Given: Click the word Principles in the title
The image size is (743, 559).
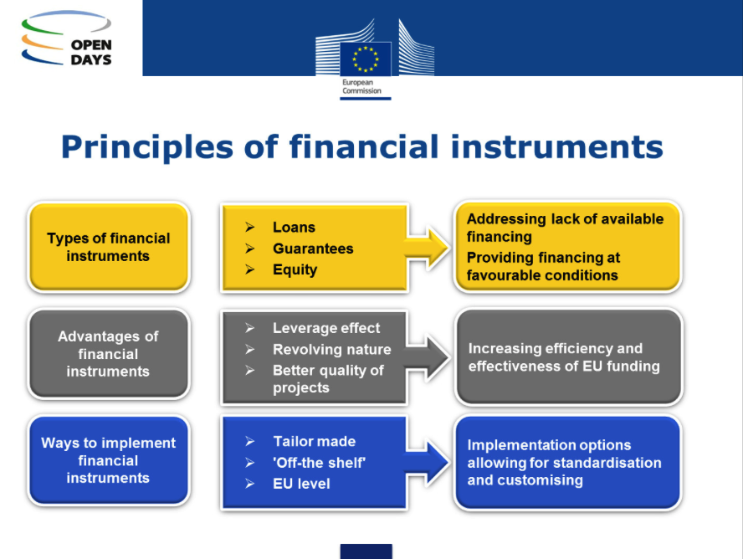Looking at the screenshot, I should (164, 147).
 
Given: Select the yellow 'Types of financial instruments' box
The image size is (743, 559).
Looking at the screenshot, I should (109, 248).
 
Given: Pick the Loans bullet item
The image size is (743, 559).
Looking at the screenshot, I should (294, 228).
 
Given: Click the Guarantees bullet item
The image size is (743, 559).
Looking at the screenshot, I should (312, 249).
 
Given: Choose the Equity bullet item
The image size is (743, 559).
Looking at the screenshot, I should (295, 269).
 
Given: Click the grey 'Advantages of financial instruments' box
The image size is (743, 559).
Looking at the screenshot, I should (109, 354).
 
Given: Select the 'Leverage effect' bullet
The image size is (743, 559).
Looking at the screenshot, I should (325, 328).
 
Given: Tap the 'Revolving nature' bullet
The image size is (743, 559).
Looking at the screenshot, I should (331, 350).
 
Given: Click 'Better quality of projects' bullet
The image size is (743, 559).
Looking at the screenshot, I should (327, 379).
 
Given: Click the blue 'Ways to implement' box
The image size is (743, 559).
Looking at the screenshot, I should (109, 460).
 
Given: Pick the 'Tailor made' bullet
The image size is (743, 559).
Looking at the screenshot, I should (314, 441).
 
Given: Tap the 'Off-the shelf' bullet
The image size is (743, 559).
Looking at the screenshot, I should (319, 463).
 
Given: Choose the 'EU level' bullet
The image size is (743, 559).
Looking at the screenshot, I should (301, 484).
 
